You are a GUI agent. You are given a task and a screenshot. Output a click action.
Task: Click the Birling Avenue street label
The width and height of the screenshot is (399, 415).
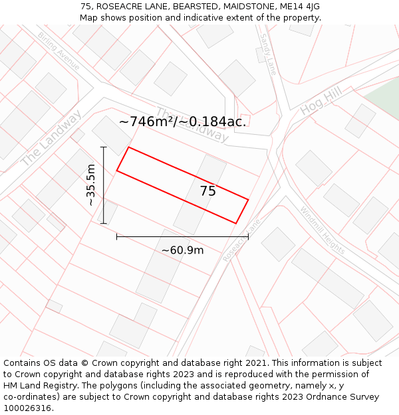point(59,51)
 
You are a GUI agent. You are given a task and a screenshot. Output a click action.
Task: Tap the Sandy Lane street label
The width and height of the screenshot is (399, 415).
point(267,54)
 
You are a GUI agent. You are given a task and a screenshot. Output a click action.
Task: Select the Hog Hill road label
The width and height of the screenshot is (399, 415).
point(321,100)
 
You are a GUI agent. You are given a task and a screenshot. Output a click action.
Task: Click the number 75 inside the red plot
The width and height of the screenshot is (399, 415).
point(208,191)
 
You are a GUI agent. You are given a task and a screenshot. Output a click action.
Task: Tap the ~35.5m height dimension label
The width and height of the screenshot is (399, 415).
point(91,185)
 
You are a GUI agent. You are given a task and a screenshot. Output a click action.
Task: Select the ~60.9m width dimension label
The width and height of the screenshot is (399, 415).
point(182,250)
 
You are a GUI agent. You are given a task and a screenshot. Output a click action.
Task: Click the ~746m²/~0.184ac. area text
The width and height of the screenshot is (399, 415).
point(182,122)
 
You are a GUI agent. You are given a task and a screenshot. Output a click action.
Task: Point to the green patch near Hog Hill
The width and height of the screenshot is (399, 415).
point(383,100)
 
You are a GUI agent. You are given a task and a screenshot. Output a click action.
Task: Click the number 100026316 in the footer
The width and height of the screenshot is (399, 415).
point(27,408)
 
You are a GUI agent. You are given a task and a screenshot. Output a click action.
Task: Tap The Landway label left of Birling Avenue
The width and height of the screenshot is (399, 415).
point(51,138)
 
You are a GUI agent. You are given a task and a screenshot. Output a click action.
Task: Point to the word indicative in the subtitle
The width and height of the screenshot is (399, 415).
point(219,18)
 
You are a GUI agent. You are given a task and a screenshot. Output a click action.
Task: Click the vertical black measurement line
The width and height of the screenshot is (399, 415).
point(104,185)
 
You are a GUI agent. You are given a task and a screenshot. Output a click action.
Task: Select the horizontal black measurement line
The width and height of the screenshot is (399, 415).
point(182,236)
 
